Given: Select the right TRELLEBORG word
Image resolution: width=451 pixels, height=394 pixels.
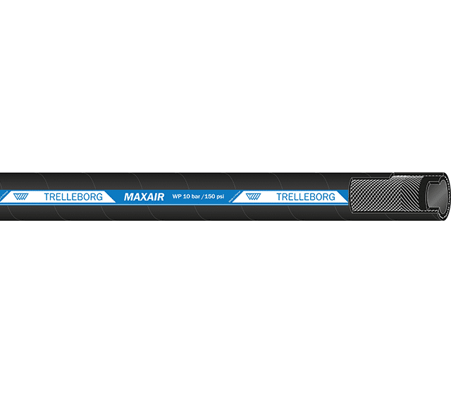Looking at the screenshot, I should tap(306, 197).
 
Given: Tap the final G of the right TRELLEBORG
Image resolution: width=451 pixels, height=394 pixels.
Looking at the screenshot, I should tap(332, 197).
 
